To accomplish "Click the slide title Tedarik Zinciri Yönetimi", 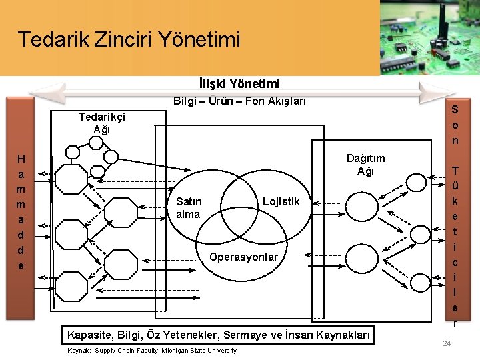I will pos(129,39).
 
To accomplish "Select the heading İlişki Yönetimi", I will pos(239,84).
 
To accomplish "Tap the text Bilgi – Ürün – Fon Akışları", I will pos(239,101).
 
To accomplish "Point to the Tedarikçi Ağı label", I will pos(101,123).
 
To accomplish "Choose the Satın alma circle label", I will pos(189,208).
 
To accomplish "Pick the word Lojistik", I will pos(281,202).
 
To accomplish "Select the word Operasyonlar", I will pos(243,257).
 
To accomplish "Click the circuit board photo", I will pos(429,37).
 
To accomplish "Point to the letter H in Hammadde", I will pos(21,159).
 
